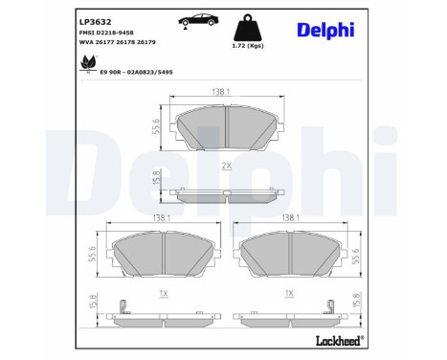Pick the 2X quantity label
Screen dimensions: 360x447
[x=226, y=167]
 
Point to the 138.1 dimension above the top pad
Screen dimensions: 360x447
[x=222, y=90]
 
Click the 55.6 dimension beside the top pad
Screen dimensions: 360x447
[x=154, y=128]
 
